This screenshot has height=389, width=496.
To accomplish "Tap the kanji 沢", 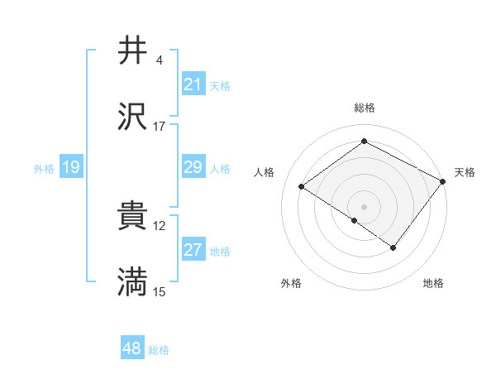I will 133,118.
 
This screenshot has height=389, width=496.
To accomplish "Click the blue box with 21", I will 193,84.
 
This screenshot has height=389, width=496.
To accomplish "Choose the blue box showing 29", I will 193,167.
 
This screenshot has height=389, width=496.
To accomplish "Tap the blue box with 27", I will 193,251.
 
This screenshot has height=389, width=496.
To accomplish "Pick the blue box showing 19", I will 71,168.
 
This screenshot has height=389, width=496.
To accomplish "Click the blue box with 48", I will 132,348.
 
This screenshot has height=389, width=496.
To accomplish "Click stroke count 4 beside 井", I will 159,60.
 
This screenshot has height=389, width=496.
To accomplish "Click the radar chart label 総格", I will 365,108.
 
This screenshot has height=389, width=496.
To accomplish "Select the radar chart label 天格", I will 465,172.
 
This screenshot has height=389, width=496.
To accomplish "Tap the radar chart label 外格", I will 291,283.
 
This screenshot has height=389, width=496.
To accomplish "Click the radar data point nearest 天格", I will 443,181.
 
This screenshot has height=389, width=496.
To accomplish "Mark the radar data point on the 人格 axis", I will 303,187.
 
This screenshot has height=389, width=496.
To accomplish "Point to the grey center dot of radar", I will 365,206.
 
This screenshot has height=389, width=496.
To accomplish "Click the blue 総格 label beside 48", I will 159,350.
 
